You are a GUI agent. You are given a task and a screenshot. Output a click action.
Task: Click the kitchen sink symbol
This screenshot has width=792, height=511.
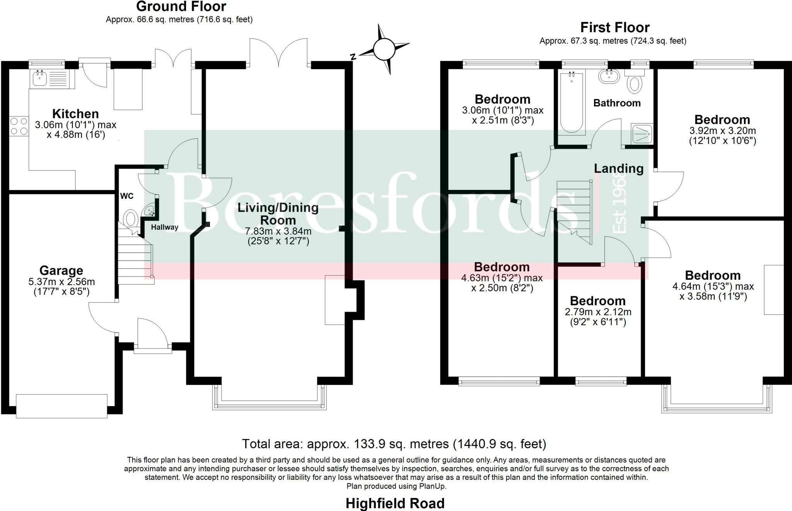pyautogui.click(x=40, y=79)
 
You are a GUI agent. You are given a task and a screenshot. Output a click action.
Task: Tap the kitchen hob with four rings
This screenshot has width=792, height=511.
pyautogui.click(x=19, y=126)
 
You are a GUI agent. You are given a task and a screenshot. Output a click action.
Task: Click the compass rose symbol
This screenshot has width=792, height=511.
pyautogui.click(x=384, y=49)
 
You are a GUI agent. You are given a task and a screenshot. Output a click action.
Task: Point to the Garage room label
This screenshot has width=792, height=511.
pyautogui.click(x=61, y=270)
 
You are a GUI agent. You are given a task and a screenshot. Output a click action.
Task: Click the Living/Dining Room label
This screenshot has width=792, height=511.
pyautogui.click(x=278, y=214)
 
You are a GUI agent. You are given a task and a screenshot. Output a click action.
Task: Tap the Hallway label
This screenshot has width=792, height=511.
pyautogui.click(x=164, y=227)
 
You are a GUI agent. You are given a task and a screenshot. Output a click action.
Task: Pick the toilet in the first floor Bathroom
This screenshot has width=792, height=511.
pyautogui.click(x=634, y=82)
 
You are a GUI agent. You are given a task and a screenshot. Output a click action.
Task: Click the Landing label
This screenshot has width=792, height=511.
pyautogui.click(x=618, y=168)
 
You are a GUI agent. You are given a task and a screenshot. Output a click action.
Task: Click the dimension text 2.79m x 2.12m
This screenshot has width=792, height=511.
pyautogui.click(x=598, y=312)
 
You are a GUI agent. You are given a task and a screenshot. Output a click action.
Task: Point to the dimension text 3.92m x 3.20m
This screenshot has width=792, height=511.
pyautogui.click(x=722, y=131)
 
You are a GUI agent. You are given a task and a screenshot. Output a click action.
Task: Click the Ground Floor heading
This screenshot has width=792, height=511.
pyautogui.click(x=181, y=7)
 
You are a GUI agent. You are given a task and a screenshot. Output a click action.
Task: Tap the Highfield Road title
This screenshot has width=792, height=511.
pyautogui.click(x=395, y=503)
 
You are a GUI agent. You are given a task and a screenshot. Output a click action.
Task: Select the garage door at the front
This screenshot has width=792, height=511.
pyautogui.click(x=61, y=406)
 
